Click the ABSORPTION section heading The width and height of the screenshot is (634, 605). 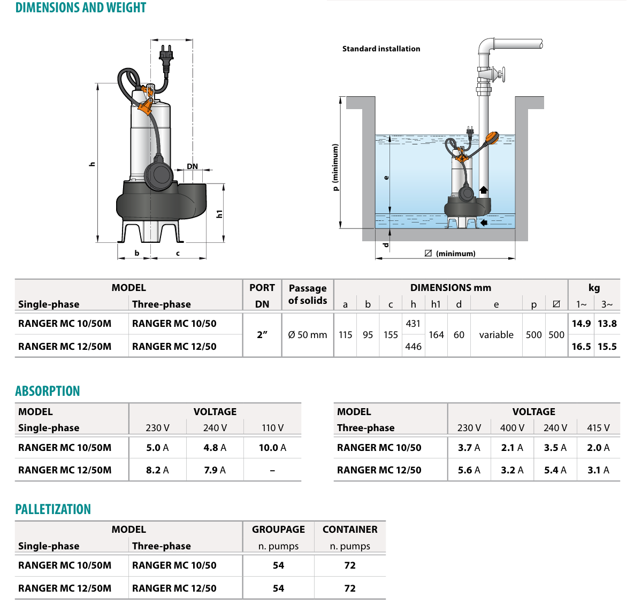[47, 391]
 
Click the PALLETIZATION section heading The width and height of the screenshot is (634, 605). [53, 509]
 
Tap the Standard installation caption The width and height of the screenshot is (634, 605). [381, 49]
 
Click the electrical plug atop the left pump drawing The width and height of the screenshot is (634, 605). [166, 59]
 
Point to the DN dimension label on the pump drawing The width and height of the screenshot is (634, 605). [193, 166]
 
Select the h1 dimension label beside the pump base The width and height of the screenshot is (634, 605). [219, 214]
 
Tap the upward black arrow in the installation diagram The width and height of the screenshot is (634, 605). [484, 190]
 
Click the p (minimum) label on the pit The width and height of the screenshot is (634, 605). [335, 167]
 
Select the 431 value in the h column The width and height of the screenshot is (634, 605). [413, 324]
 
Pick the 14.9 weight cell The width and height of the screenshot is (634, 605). [581, 324]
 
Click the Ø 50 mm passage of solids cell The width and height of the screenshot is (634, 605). [307, 335]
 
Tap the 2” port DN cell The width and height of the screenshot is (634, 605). [262, 335]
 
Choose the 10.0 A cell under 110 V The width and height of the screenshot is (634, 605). [272, 448]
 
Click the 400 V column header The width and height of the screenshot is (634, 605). [512, 428]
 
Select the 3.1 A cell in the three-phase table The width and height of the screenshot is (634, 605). [598, 470]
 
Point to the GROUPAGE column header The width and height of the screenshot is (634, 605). [278, 530]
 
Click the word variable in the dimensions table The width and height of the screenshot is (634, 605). [496, 335]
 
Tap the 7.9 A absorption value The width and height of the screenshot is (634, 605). [215, 470]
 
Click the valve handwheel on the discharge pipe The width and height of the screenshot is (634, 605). [502, 74]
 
